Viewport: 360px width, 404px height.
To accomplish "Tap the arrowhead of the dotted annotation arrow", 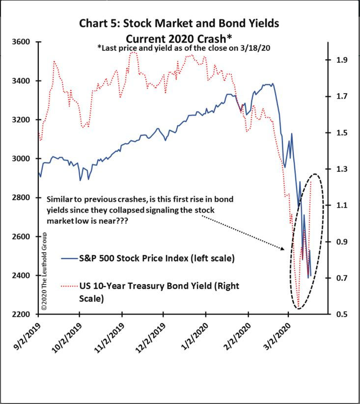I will [284, 249].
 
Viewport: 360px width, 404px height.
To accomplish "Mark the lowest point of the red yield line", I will [298, 308].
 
